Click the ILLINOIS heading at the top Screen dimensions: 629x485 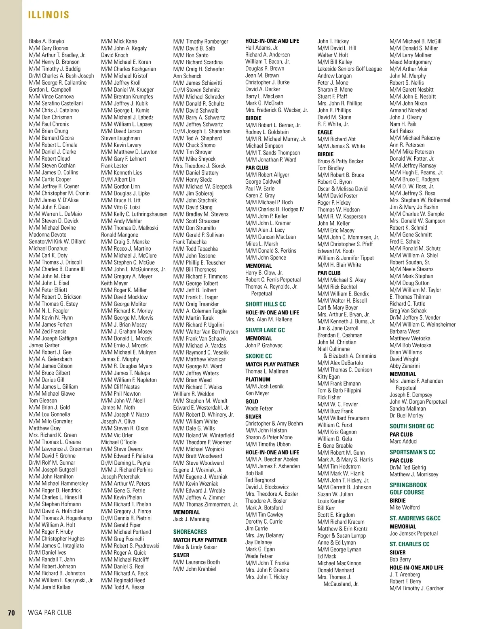(48, 15)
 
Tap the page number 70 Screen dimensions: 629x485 (11, 613)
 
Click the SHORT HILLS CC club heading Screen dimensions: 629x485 (265, 304)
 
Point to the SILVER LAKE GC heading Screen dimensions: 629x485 (265, 330)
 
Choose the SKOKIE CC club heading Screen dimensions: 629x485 (258, 356)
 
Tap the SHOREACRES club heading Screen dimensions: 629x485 (190, 532)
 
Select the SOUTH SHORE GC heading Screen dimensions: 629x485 (411, 426)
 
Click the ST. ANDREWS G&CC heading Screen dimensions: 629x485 (415, 518)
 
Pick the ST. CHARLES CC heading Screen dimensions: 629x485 (409, 544)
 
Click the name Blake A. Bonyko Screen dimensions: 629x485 (46, 41)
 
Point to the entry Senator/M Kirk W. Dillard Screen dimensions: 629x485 (57, 241)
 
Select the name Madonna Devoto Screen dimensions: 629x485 (48, 235)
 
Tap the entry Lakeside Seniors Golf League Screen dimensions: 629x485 (349, 69)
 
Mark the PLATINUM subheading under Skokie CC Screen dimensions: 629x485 (257, 379)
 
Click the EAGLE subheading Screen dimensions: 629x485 (325, 132)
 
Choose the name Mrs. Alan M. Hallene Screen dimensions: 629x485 (268, 319)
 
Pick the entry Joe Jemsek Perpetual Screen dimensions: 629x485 (413, 533)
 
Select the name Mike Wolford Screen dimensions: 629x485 (405, 507)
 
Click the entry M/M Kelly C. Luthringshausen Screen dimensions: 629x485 (134, 214)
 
